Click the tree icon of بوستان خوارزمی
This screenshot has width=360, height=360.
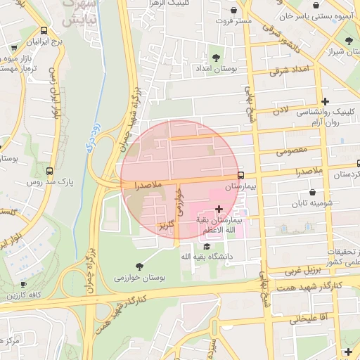pyautogui.click(x=139, y=266)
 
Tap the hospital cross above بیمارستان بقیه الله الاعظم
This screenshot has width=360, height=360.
pyautogui.click(x=220, y=208)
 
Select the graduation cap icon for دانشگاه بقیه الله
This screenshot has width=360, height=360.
pyautogui.click(x=206, y=246)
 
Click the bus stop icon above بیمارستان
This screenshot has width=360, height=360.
pyautogui.click(x=241, y=175)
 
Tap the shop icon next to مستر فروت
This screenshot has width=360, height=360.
pyautogui.click(x=234, y=10)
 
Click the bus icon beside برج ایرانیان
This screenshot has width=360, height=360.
pyautogui.click(x=44, y=30)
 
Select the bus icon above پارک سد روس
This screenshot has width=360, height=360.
pyautogui.click(x=49, y=170)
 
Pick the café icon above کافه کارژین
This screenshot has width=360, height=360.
pyautogui.click(x=23, y=285)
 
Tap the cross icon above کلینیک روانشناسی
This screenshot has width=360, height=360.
pyautogui.click(x=325, y=101)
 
